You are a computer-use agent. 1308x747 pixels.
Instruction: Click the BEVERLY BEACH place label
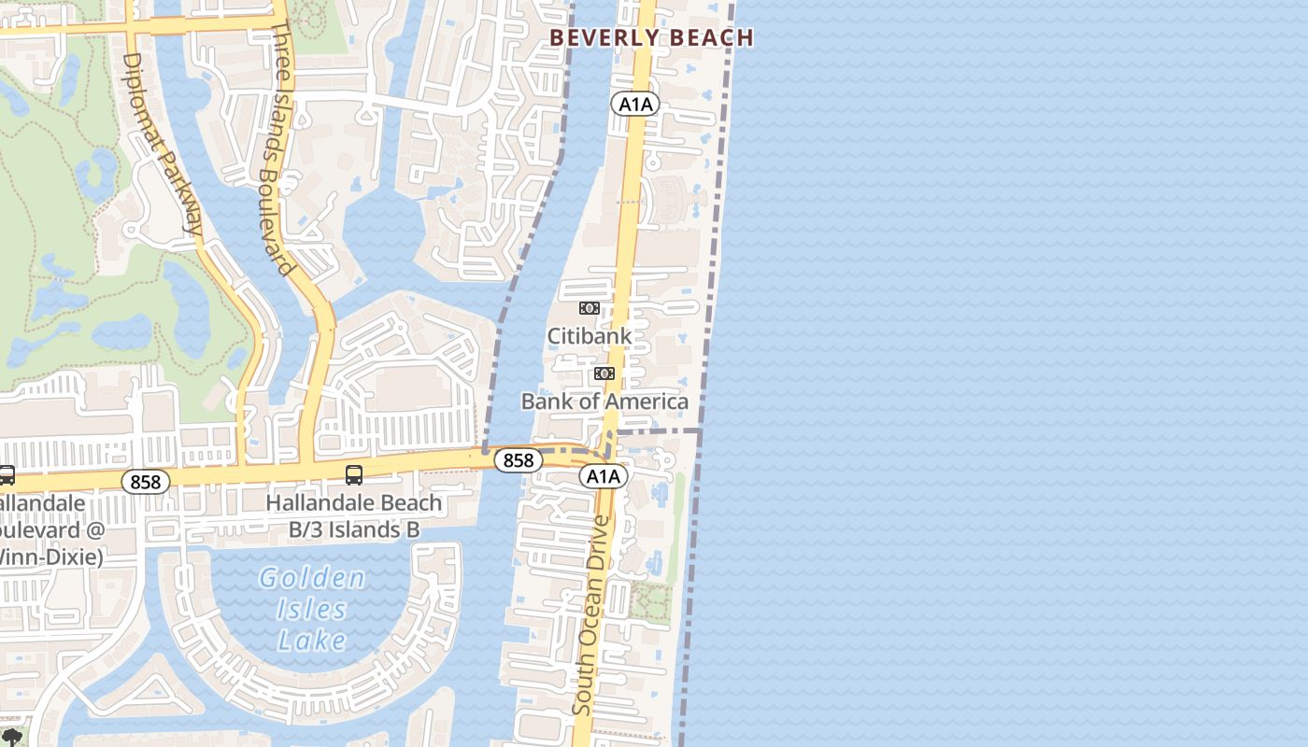tap(651, 38)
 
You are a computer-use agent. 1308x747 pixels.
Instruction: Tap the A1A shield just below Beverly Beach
tap(635, 104)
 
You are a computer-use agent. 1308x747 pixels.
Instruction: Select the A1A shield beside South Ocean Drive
tap(603, 476)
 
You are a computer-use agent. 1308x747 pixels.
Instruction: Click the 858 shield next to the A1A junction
tap(518, 459)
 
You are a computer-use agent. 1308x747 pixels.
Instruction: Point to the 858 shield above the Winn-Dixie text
tap(146, 482)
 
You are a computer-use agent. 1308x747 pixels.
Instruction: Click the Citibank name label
tap(589, 336)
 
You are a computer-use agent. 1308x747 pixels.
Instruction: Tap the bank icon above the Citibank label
tap(589, 308)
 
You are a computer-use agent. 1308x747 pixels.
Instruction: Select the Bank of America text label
tap(604, 402)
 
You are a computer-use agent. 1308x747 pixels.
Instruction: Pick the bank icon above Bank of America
tap(604, 373)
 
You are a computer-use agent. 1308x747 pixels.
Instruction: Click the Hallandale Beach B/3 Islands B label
tap(354, 516)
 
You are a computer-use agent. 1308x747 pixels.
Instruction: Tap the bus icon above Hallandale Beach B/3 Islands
tap(354, 475)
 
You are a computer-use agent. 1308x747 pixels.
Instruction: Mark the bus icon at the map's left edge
tap(6, 475)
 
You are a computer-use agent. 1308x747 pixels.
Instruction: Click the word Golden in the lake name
tap(312, 579)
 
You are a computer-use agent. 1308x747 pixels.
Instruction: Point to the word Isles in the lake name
tap(312, 610)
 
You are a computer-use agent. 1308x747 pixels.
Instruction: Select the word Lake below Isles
tap(312, 641)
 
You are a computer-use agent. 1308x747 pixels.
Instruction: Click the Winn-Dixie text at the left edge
tap(51, 557)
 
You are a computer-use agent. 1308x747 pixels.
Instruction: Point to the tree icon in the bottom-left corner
tap(11, 738)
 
